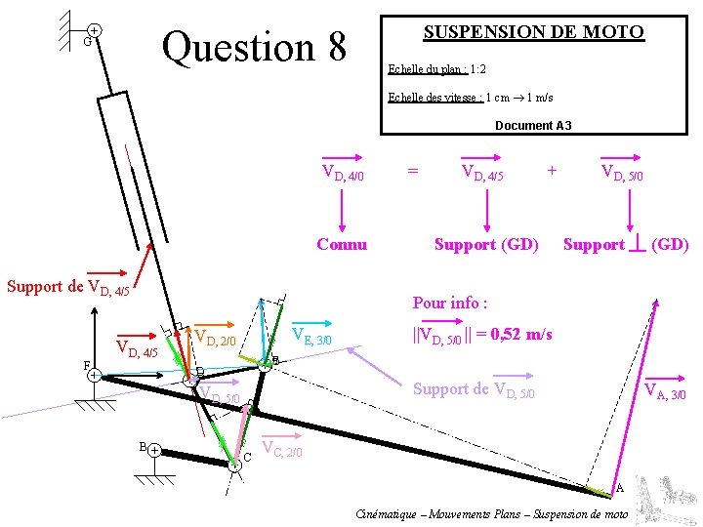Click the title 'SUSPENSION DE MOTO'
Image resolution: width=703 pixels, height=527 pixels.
[533, 32]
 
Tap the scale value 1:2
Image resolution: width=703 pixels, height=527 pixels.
[478, 69]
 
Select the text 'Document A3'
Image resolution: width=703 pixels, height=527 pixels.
[533, 126]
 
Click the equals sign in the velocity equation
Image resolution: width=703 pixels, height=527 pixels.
[413, 171]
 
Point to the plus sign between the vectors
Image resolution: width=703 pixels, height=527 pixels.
[553, 170]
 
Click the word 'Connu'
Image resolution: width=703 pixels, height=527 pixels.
[342, 244]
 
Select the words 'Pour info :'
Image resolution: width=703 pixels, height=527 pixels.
[450, 303]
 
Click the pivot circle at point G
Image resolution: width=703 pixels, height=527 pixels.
[94, 32]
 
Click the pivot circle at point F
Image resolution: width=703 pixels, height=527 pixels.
[92, 375]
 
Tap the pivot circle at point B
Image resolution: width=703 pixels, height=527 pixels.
[155, 451]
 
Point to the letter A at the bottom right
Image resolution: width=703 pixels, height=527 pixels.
[619, 488]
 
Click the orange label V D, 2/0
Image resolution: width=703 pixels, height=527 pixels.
[216, 338]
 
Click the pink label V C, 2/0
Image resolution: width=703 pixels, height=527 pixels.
[283, 450]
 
